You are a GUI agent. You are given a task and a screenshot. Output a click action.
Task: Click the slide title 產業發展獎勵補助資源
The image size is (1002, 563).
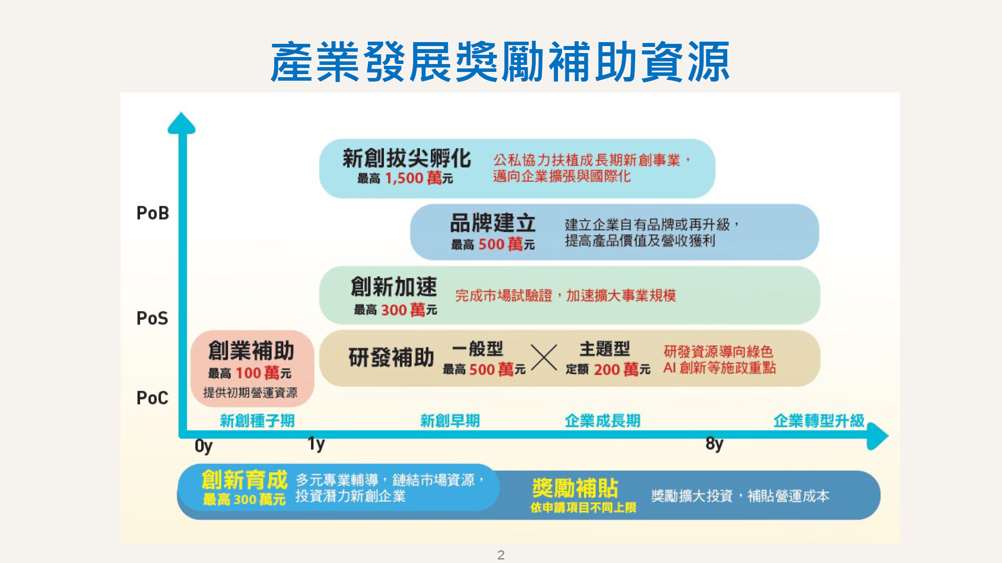tap(500, 61)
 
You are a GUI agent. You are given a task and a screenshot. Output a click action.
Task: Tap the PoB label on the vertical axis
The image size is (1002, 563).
tap(153, 213)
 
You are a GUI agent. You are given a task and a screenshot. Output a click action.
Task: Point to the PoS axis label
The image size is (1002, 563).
tap(152, 318)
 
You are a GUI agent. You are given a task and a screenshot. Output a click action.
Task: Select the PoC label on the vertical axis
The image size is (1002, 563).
tap(152, 398)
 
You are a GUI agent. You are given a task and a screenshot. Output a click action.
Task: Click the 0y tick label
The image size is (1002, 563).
tap(203, 446)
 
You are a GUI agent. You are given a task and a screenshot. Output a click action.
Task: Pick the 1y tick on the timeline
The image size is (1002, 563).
tap(316, 444)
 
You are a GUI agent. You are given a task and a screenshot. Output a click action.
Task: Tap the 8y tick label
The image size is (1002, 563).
tap(714, 444)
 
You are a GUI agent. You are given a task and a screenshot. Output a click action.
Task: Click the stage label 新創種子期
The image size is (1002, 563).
tap(257, 421)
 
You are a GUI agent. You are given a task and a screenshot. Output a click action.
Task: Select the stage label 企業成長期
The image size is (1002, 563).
tap(603, 421)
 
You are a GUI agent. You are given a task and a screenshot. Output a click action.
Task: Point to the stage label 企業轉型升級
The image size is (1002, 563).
tap(819, 421)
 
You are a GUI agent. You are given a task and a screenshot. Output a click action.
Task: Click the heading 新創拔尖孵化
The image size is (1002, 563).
tap(406, 158)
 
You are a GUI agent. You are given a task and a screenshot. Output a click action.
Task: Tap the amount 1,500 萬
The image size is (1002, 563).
tap(413, 178)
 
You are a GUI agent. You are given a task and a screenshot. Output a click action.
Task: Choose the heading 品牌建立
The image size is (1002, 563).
tap(493, 223)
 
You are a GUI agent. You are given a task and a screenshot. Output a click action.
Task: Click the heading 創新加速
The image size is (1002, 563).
tap(394, 287)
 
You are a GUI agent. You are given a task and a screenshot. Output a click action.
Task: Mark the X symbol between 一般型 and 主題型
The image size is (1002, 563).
tap(544, 358)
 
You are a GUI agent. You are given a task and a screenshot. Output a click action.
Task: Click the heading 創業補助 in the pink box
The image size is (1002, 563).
tap(251, 351)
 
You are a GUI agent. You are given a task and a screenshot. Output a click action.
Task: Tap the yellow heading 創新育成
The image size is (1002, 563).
tap(245, 480)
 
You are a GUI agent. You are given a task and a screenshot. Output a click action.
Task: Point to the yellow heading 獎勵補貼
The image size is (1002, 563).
tap(575, 488)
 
